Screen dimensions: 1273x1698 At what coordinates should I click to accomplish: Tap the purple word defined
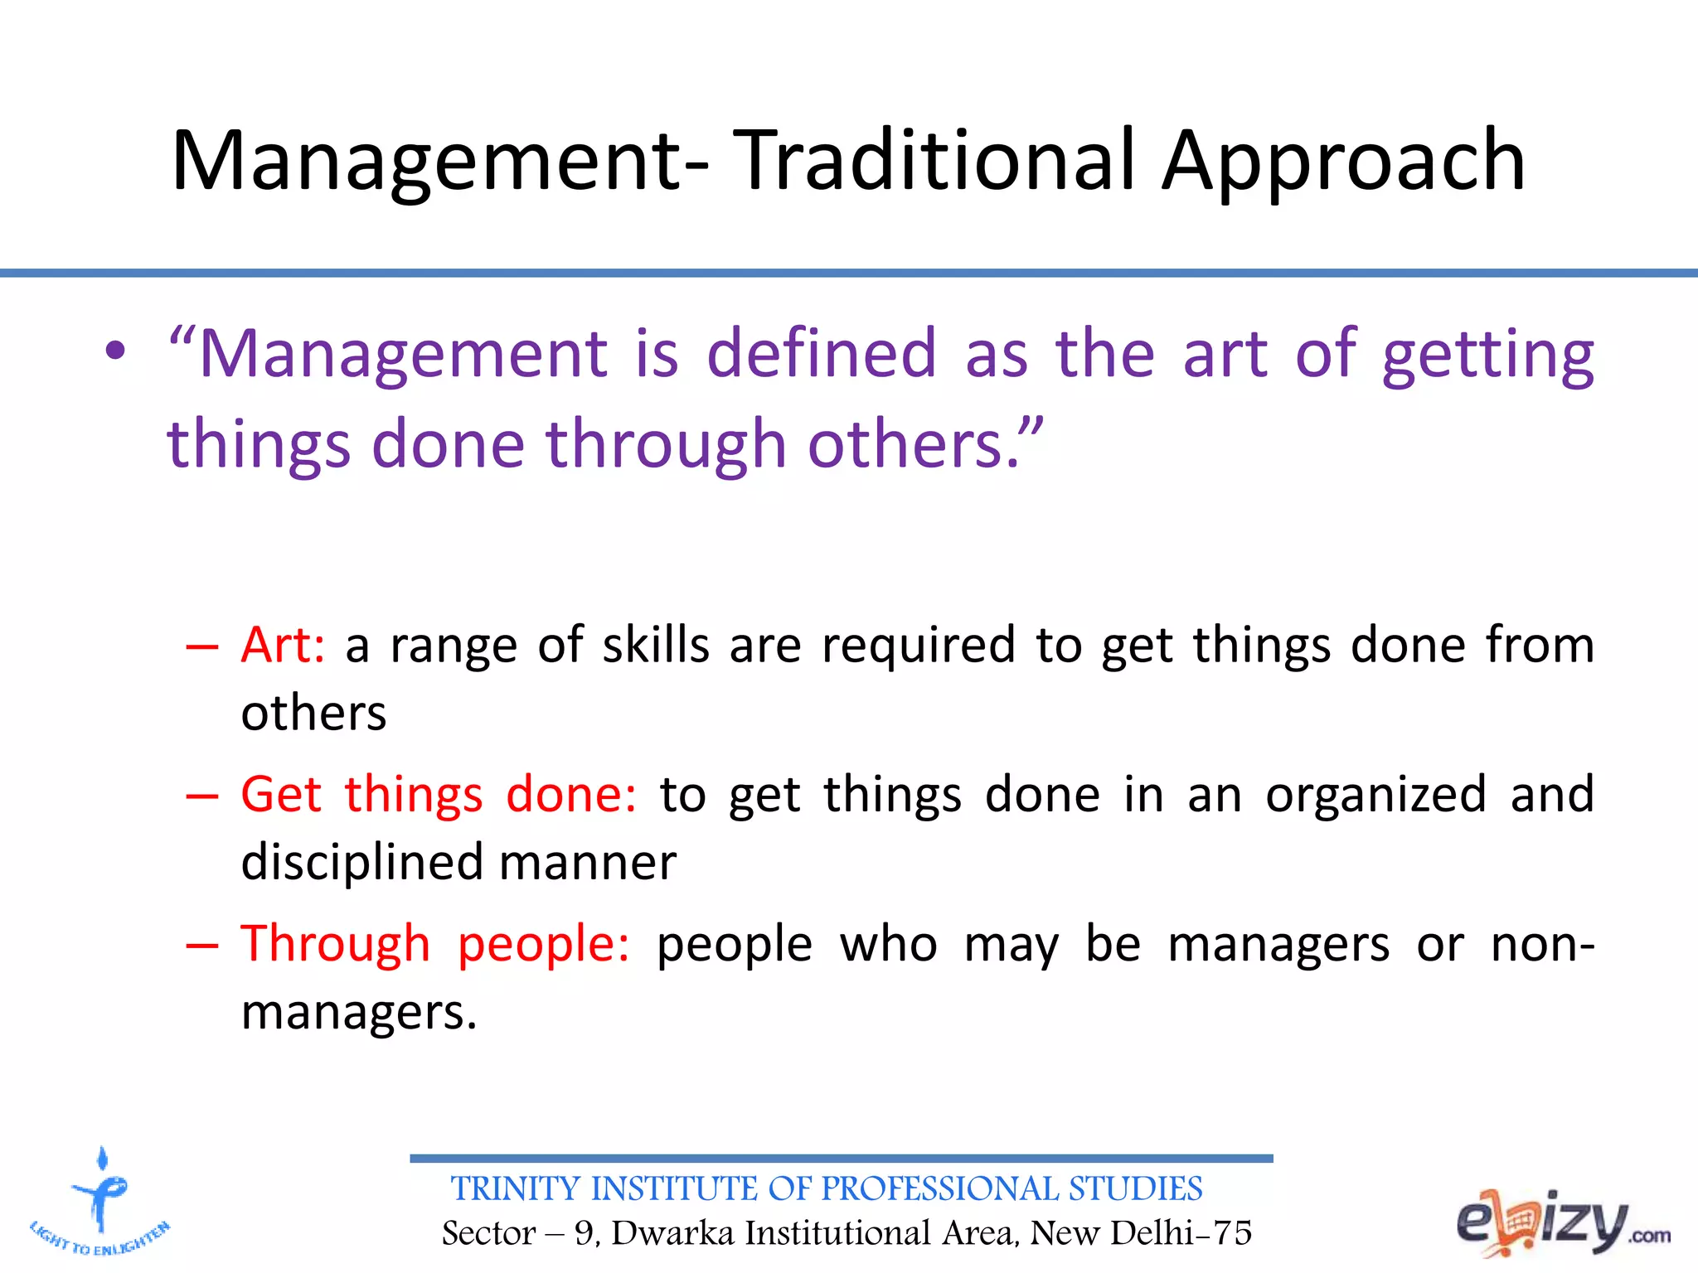click(821, 354)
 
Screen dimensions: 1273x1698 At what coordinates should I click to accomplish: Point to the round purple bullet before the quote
click(115, 352)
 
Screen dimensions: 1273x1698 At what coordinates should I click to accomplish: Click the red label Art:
click(283, 645)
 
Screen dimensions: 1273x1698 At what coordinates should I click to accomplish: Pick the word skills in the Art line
click(655, 645)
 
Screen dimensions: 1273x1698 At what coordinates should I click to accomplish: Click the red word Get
click(280, 794)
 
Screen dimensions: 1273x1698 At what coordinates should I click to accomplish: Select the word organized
click(1375, 796)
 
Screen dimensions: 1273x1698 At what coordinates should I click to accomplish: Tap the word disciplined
click(362, 862)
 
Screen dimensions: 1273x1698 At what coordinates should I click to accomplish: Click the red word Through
click(335, 945)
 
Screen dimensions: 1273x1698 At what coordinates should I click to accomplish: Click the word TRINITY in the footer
click(515, 1189)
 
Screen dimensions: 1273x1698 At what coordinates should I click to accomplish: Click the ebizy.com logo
click(1562, 1222)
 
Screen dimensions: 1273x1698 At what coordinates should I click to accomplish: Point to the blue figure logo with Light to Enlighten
click(100, 1202)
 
